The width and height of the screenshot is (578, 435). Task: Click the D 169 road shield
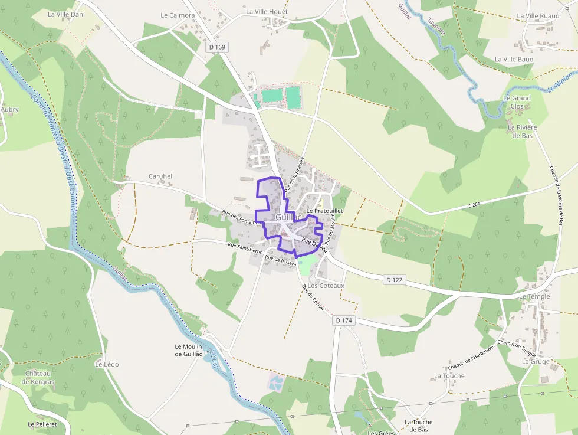(x=217, y=47)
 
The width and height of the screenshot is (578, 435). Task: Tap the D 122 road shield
(x=395, y=280)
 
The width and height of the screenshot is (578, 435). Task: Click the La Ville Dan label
(x=65, y=14)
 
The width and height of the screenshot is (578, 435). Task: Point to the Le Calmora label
(x=178, y=15)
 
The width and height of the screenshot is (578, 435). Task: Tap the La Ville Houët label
(x=267, y=11)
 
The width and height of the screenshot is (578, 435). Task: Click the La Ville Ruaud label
(x=538, y=16)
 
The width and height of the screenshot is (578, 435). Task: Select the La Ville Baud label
(x=514, y=60)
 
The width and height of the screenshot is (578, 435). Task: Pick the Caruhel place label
(x=160, y=176)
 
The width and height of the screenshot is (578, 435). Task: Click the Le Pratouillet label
(x=325, y=211)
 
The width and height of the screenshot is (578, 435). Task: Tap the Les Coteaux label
(x=326, y=286)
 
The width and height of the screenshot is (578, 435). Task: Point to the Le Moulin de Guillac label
(x=189, y=350)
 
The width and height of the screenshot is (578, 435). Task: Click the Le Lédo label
(x=107, y=364)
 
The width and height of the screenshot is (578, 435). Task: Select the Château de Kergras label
(x=38, y=377)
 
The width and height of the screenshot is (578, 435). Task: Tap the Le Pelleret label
(x=42, y=424)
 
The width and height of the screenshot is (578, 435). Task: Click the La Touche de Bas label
(x=419, y=426)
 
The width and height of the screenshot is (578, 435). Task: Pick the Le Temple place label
(x=534, y=296)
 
